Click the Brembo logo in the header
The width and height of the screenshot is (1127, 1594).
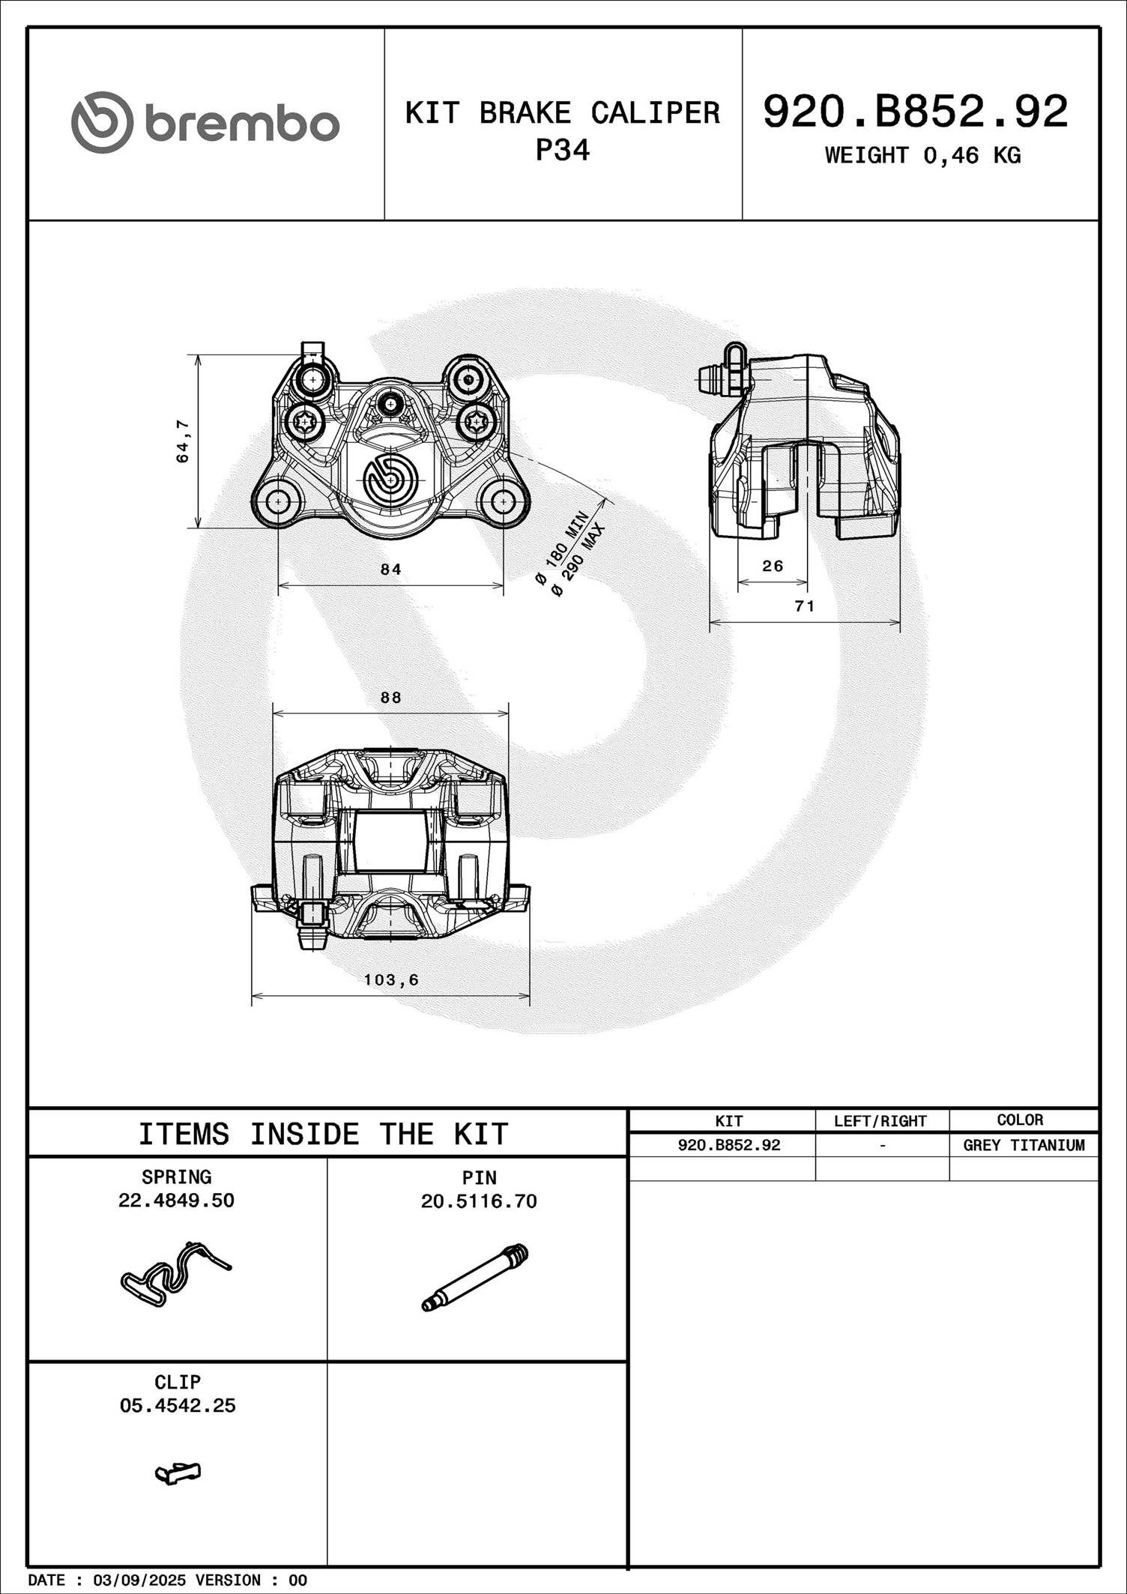205,123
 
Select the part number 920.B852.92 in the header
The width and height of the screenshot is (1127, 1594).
915,112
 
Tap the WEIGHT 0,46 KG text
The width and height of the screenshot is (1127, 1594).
922,155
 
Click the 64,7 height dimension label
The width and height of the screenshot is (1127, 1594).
182,441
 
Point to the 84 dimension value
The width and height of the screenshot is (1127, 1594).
390,570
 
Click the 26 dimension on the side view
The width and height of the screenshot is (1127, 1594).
773,566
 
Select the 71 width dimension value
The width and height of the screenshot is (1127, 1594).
804,606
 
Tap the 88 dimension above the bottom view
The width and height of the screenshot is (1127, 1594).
390,698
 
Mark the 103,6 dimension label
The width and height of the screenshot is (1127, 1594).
391,979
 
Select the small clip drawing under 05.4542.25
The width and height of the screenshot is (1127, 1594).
178,1473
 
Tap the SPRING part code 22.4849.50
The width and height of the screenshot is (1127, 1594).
176,1201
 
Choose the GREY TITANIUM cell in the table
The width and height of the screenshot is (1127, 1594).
1024,1145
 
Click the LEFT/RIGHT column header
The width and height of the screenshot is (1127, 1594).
880,1121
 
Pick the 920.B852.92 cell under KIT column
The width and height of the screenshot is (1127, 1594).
728,1145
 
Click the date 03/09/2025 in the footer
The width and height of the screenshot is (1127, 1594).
139,1581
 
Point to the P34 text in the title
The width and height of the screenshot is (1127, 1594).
562,151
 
